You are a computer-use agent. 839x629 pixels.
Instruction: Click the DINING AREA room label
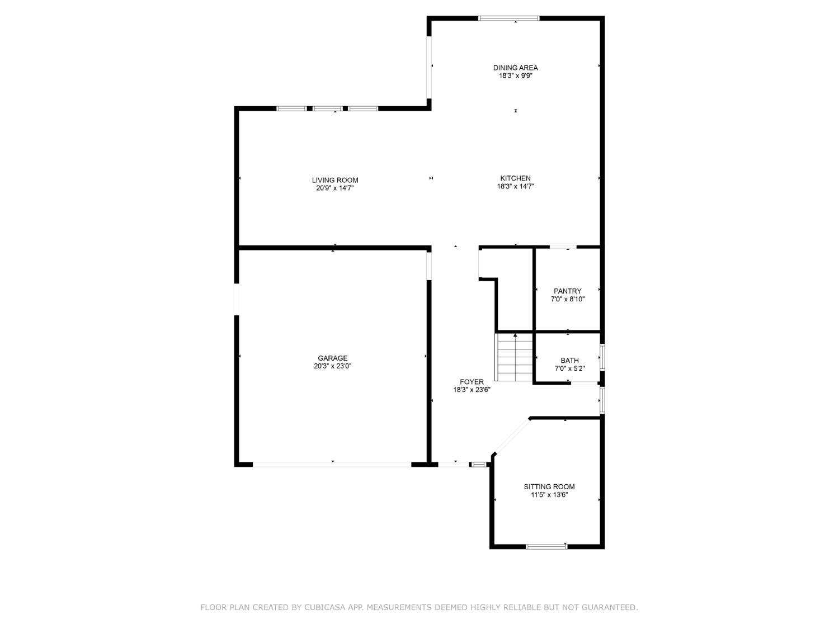(x=515, y=68)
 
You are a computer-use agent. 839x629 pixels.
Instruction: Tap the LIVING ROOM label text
(x=335, y=180)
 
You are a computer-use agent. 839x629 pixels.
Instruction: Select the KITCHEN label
(x=515, y=178)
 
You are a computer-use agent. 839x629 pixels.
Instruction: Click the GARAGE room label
(x=333, y=358)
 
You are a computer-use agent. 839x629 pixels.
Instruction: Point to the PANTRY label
(x=567, y=291)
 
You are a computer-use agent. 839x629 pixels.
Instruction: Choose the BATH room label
(x=569, y=361)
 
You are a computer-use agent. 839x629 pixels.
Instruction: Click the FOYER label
(x=472, y=382)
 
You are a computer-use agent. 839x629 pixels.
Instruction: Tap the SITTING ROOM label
(x=549, y=486)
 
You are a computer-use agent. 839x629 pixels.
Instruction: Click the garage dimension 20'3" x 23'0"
(x=333, y=366)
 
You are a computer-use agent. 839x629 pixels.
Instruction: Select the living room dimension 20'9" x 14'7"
(x=335, y=188)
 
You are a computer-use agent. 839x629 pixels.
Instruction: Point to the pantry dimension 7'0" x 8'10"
(x=567, y=299)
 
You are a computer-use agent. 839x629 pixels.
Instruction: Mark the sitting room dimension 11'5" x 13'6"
(x=549, y=495)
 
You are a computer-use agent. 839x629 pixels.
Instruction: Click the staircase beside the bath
(x=514, y=358)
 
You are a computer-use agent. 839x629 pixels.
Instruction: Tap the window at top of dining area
(x=508, y=18)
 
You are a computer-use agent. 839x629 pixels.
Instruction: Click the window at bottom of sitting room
(x=546, y=546)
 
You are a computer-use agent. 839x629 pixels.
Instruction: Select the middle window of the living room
(x=327, y=108)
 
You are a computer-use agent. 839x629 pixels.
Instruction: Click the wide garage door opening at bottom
(x=332, y=464)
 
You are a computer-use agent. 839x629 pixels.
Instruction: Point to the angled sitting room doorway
(x=512, y=436)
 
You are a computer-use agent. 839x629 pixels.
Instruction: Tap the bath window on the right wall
(x=602, y=357)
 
